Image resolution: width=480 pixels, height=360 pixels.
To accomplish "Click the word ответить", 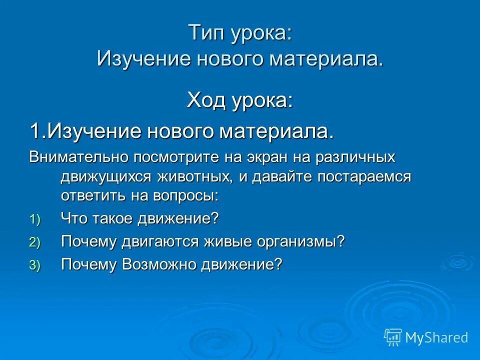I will pos(88,195).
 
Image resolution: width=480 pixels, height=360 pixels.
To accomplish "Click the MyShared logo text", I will pos(436,337).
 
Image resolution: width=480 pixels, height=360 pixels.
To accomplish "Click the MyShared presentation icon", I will pos(392,337).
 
